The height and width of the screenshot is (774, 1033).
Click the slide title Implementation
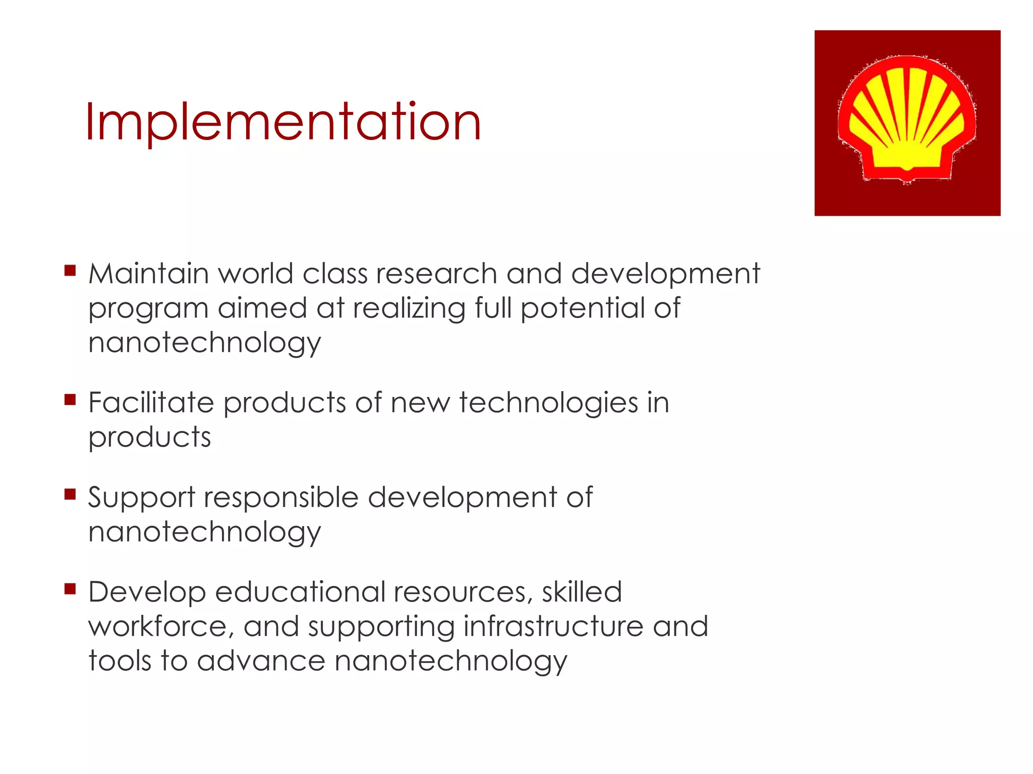click(x=283, y=122)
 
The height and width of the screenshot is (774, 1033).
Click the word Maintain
click(x=148, y=274)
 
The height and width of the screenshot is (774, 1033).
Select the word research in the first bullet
click(x=436, y=274)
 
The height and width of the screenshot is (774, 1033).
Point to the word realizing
click(x=409, y=308)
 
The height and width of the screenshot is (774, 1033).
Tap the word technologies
click(x=549, y=403)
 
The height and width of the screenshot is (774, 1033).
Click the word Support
click(x=141, y=498)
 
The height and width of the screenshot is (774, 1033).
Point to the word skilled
click(x=582, y=592)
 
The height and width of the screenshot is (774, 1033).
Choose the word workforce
click(x=160, y=627)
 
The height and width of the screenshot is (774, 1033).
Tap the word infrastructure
click(x=553, y=627)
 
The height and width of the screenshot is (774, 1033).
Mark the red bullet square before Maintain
click(x=70, y=271)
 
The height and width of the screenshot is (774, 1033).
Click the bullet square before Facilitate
click(x=70, y=400)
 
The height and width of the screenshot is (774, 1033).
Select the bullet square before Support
click(x=70, y=494)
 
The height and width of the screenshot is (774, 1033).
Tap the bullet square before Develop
click(x=70, y=589)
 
